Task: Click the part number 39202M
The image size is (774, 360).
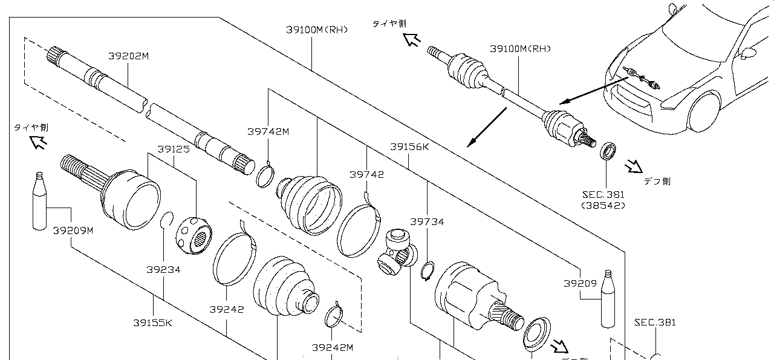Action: click(x=129, y=56)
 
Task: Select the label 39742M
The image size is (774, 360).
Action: click(x=268, y=132)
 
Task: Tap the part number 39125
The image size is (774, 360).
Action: click(x=174, y=149)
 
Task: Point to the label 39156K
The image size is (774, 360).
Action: click(x=409, y=147)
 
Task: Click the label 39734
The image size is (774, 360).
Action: click(x=427, y=221)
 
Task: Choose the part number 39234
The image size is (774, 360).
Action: click(x=163, y=269)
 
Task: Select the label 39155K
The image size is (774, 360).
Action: click(x=153, y=323)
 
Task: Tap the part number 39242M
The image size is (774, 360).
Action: click(x=333, y=347)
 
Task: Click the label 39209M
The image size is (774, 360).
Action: click(x=73, y=231)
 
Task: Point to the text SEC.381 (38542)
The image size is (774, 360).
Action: click(x=603, y=200)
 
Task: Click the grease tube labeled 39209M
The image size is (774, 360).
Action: click(x=39, y=201)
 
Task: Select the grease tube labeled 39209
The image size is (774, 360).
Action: click(x=608, y=299)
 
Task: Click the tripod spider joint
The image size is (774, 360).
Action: click(x=397, y=252)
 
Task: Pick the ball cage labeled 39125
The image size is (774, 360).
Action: click(x=194, y=235)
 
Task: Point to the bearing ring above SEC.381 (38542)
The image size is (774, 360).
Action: click(x=608, y=151)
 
